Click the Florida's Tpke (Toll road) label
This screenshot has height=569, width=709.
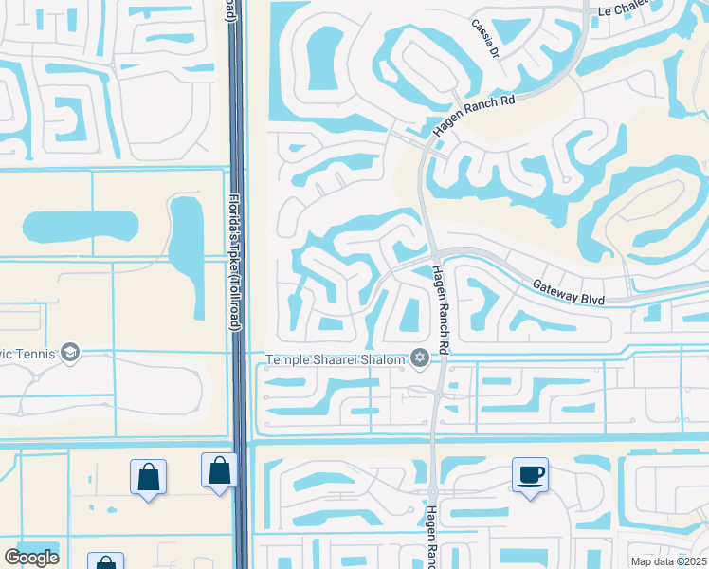pyautogui.click(x=233, y=263)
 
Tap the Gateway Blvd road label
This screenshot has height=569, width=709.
pyautogui.click(x=568, y=291)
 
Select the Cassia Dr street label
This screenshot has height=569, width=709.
pyautogui.click(x=482, y=39)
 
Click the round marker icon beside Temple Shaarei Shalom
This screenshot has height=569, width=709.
pyautogui.click(x=418, y=358)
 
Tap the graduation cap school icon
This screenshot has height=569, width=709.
pyautogui.click(x=69, y=353)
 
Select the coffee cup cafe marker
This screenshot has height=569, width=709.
pyautogui.click(x=530, y=473)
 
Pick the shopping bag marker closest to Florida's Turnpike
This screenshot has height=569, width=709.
pyautogui.click(x=219, y=469)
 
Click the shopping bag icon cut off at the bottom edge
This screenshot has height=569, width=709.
pyautogui.click(x=104, y=561)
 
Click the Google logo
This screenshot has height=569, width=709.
pyautogui.click(x=31, y=558)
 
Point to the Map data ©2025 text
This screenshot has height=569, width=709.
pyautogui.click(x=668, y=561)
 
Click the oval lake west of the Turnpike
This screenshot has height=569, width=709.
pyautogui.click(x=80, y=228)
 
